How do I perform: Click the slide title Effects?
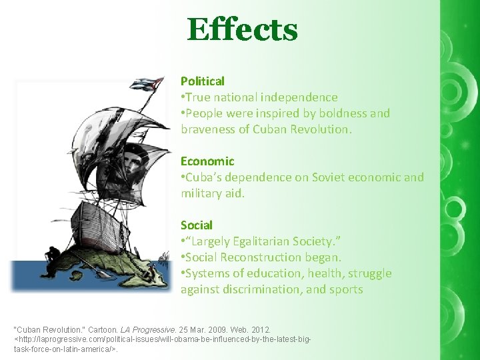(242, 30)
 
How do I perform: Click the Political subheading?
(202, 81)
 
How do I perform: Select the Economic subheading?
(207, 161)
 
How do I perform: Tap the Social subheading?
(196, 225)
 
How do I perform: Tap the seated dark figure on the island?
(51, 257)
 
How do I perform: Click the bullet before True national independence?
(183, 97)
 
